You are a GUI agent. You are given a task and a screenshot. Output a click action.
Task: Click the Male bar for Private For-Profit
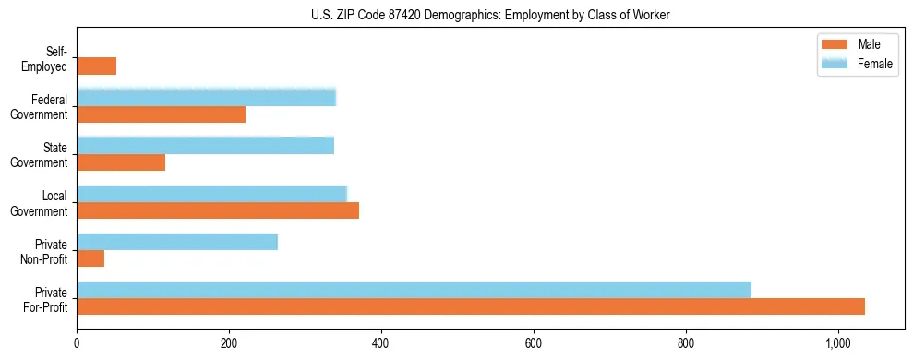471,306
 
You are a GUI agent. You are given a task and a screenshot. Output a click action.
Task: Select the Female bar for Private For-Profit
414,290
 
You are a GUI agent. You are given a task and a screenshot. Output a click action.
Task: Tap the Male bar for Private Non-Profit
90,258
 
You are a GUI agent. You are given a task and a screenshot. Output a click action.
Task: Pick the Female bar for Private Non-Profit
177,242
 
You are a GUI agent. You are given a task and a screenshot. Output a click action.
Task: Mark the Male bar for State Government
121,162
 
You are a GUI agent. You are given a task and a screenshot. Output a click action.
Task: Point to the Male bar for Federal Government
161,114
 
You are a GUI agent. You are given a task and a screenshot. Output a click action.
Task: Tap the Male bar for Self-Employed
96,66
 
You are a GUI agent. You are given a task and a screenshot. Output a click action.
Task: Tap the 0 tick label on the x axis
77,343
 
